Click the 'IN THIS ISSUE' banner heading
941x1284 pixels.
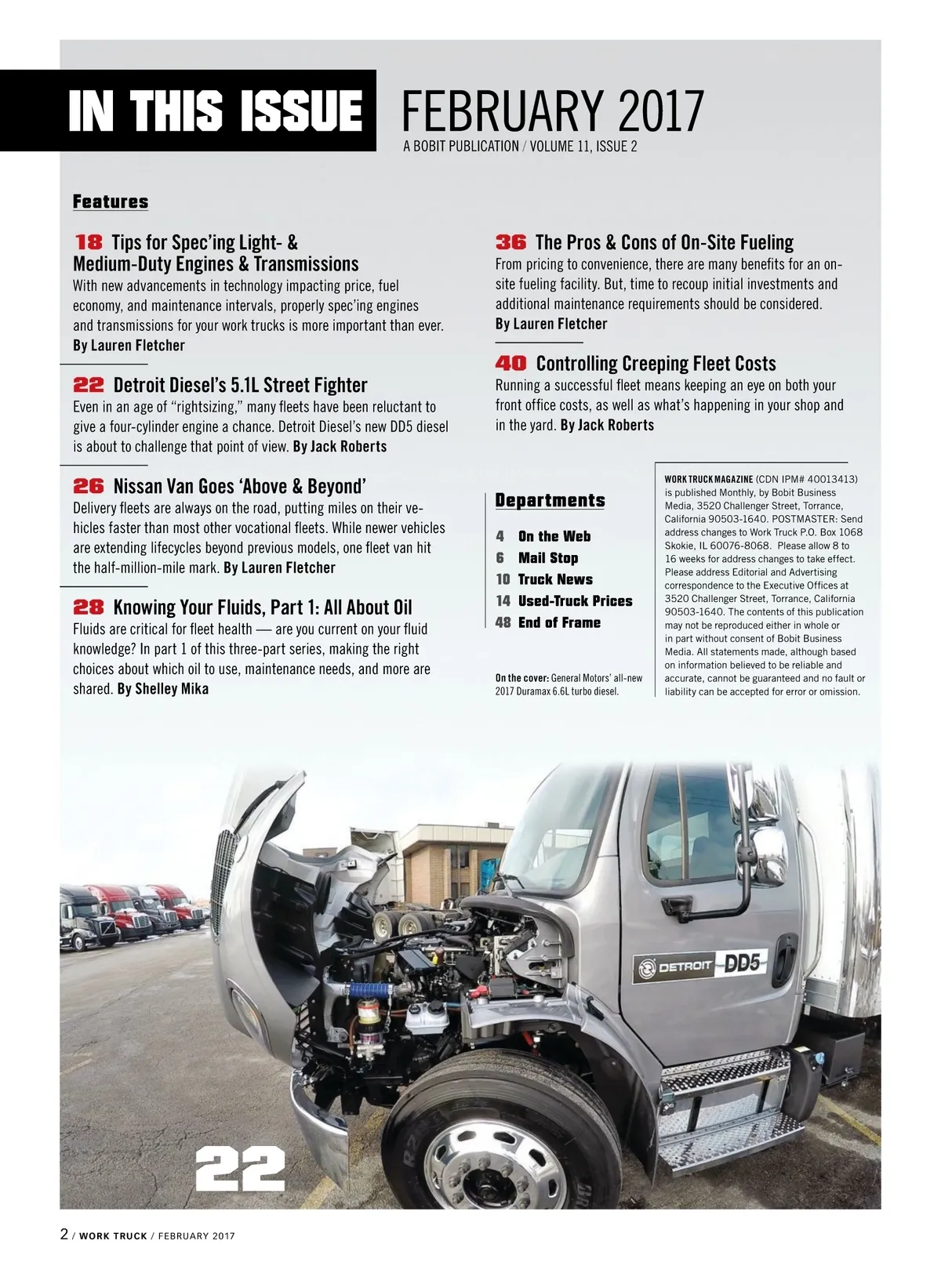click(215, 111)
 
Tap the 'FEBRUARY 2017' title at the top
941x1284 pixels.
click(553, 111)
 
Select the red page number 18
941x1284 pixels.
click(89, 242)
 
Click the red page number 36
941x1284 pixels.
click(510, 242)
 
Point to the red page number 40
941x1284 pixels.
click(510, 364)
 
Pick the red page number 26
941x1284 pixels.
click(89, 486)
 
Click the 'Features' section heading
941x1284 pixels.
click(111, 202)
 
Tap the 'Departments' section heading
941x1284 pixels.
click(550, 501)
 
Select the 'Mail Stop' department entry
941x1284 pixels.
click(547, 558)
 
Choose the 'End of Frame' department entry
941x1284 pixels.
click(558, 622)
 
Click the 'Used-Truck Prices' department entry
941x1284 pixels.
click(575, 601)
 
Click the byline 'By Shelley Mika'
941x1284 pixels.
click(163, 689)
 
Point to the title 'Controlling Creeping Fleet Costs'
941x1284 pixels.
click(656, 364)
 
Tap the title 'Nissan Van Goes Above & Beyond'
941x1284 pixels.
click(239, 486)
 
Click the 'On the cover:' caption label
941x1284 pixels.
click(522, 678)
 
